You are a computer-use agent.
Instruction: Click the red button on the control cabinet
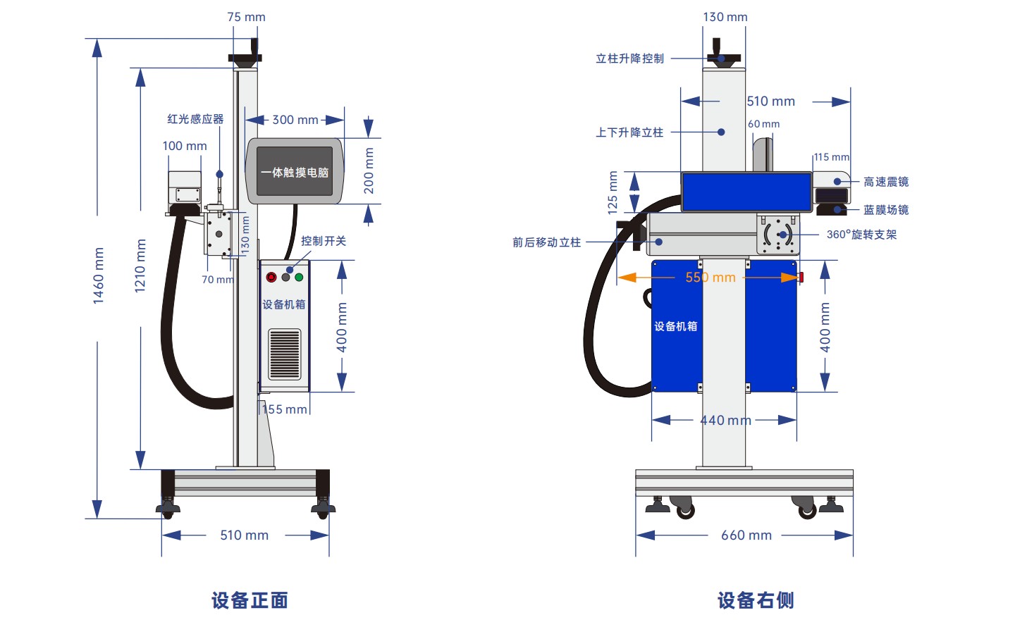click(271, 277)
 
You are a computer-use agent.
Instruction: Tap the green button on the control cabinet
click(299, 277)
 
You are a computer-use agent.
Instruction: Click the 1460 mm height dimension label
click(99, 275)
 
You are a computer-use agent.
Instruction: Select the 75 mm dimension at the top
click(246, 17)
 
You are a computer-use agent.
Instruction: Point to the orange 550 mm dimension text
click(710, 277)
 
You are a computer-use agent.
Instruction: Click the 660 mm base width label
click(746, 535)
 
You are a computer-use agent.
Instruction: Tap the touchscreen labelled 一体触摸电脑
click(295, 171)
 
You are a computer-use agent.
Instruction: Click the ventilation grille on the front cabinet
click(285, 354)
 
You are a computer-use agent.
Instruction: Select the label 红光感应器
click(195, 119)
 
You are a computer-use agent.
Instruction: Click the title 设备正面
click(250, 600)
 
